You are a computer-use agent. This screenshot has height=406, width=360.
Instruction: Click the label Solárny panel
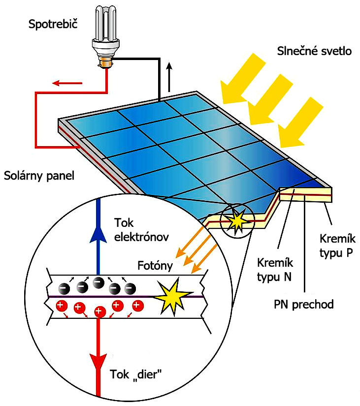(x=39, y=176)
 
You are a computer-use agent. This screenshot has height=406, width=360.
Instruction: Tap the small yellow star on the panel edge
(x=238, y=222)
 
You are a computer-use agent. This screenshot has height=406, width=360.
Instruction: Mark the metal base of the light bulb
(x=104, y=62)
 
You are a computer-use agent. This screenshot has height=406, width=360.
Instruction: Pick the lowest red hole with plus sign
(x=99, y=312)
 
